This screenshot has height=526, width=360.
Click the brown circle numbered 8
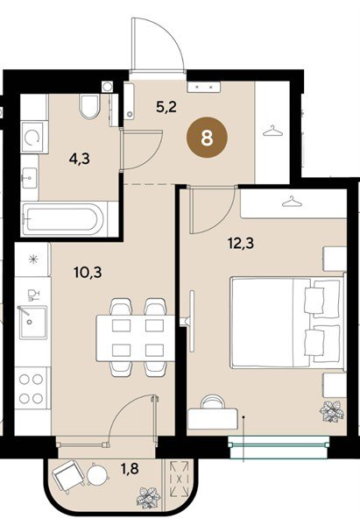coord(207,138)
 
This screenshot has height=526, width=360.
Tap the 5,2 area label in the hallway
coord(166,107)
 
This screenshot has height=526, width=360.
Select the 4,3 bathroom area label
coord(80,159)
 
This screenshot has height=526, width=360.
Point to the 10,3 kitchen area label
coord(88,273)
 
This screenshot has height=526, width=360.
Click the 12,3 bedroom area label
coord(241,243)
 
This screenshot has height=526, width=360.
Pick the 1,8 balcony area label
coord(130,468)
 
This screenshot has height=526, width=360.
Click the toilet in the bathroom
coord(90,106)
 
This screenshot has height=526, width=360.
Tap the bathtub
coord(63,219)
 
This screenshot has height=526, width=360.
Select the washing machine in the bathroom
coord(32,138)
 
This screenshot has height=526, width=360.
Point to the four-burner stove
coord(31,388)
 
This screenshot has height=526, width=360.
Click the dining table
coord(136,338)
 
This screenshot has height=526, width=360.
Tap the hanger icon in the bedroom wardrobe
coord(292,202)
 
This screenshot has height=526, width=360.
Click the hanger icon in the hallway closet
coord(273,131)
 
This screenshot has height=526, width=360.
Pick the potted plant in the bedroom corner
coord(332,412)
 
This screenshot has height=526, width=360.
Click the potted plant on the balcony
coord(148,498)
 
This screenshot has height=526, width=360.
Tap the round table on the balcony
coord(98,474)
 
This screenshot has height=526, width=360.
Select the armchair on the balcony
coord(67,476)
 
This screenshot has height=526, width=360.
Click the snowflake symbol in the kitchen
coord(32,259)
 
